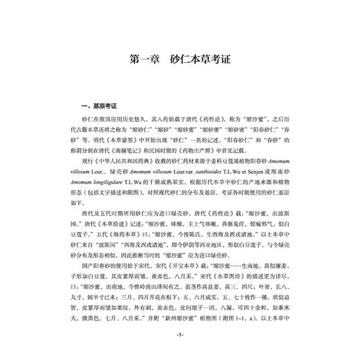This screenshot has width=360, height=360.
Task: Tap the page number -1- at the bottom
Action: tap(179, 335)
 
